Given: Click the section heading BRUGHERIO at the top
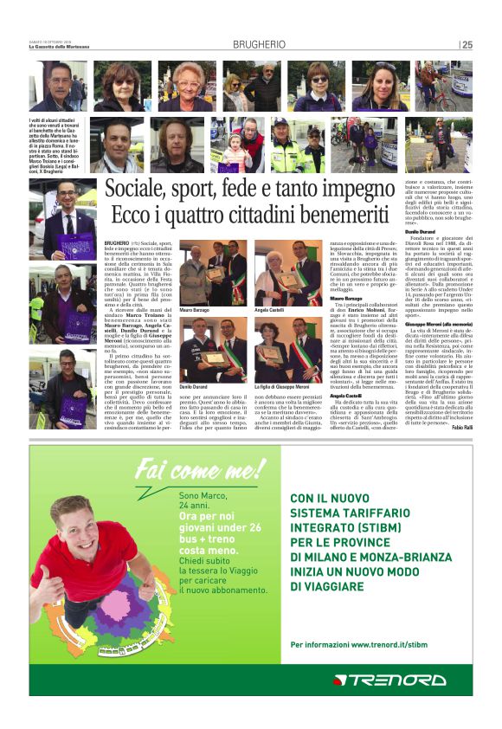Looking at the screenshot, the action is click(x=259, y=44).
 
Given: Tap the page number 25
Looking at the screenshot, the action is click(x=467, y=44).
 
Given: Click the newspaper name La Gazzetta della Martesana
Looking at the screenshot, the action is click(x=64, y=47).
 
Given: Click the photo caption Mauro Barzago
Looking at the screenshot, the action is click(x=195, y=309).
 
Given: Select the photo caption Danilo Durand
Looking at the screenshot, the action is click(x=195, y=386).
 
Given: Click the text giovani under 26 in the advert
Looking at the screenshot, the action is click(x=215, y=527).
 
